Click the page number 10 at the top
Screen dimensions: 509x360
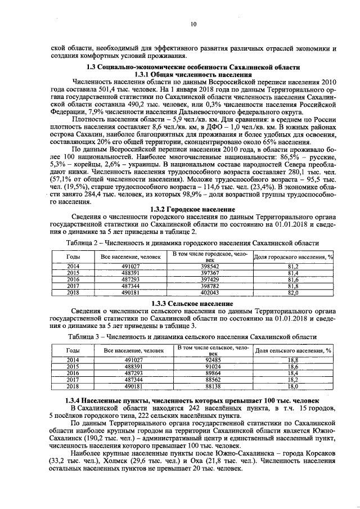pyautogui.click(x=193, y=24)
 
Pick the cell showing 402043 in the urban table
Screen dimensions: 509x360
pyautogui.click(x=209, y=292)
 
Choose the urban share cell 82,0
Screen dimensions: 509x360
pyautogui.click(x=292, y=292)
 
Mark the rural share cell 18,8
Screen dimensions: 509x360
pyautogui.click(x=292, y=360)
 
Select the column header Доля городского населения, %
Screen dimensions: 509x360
pyautogui.click(x=292, y=256)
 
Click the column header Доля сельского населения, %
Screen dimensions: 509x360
pyautogui.click(x=292, y=350)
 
